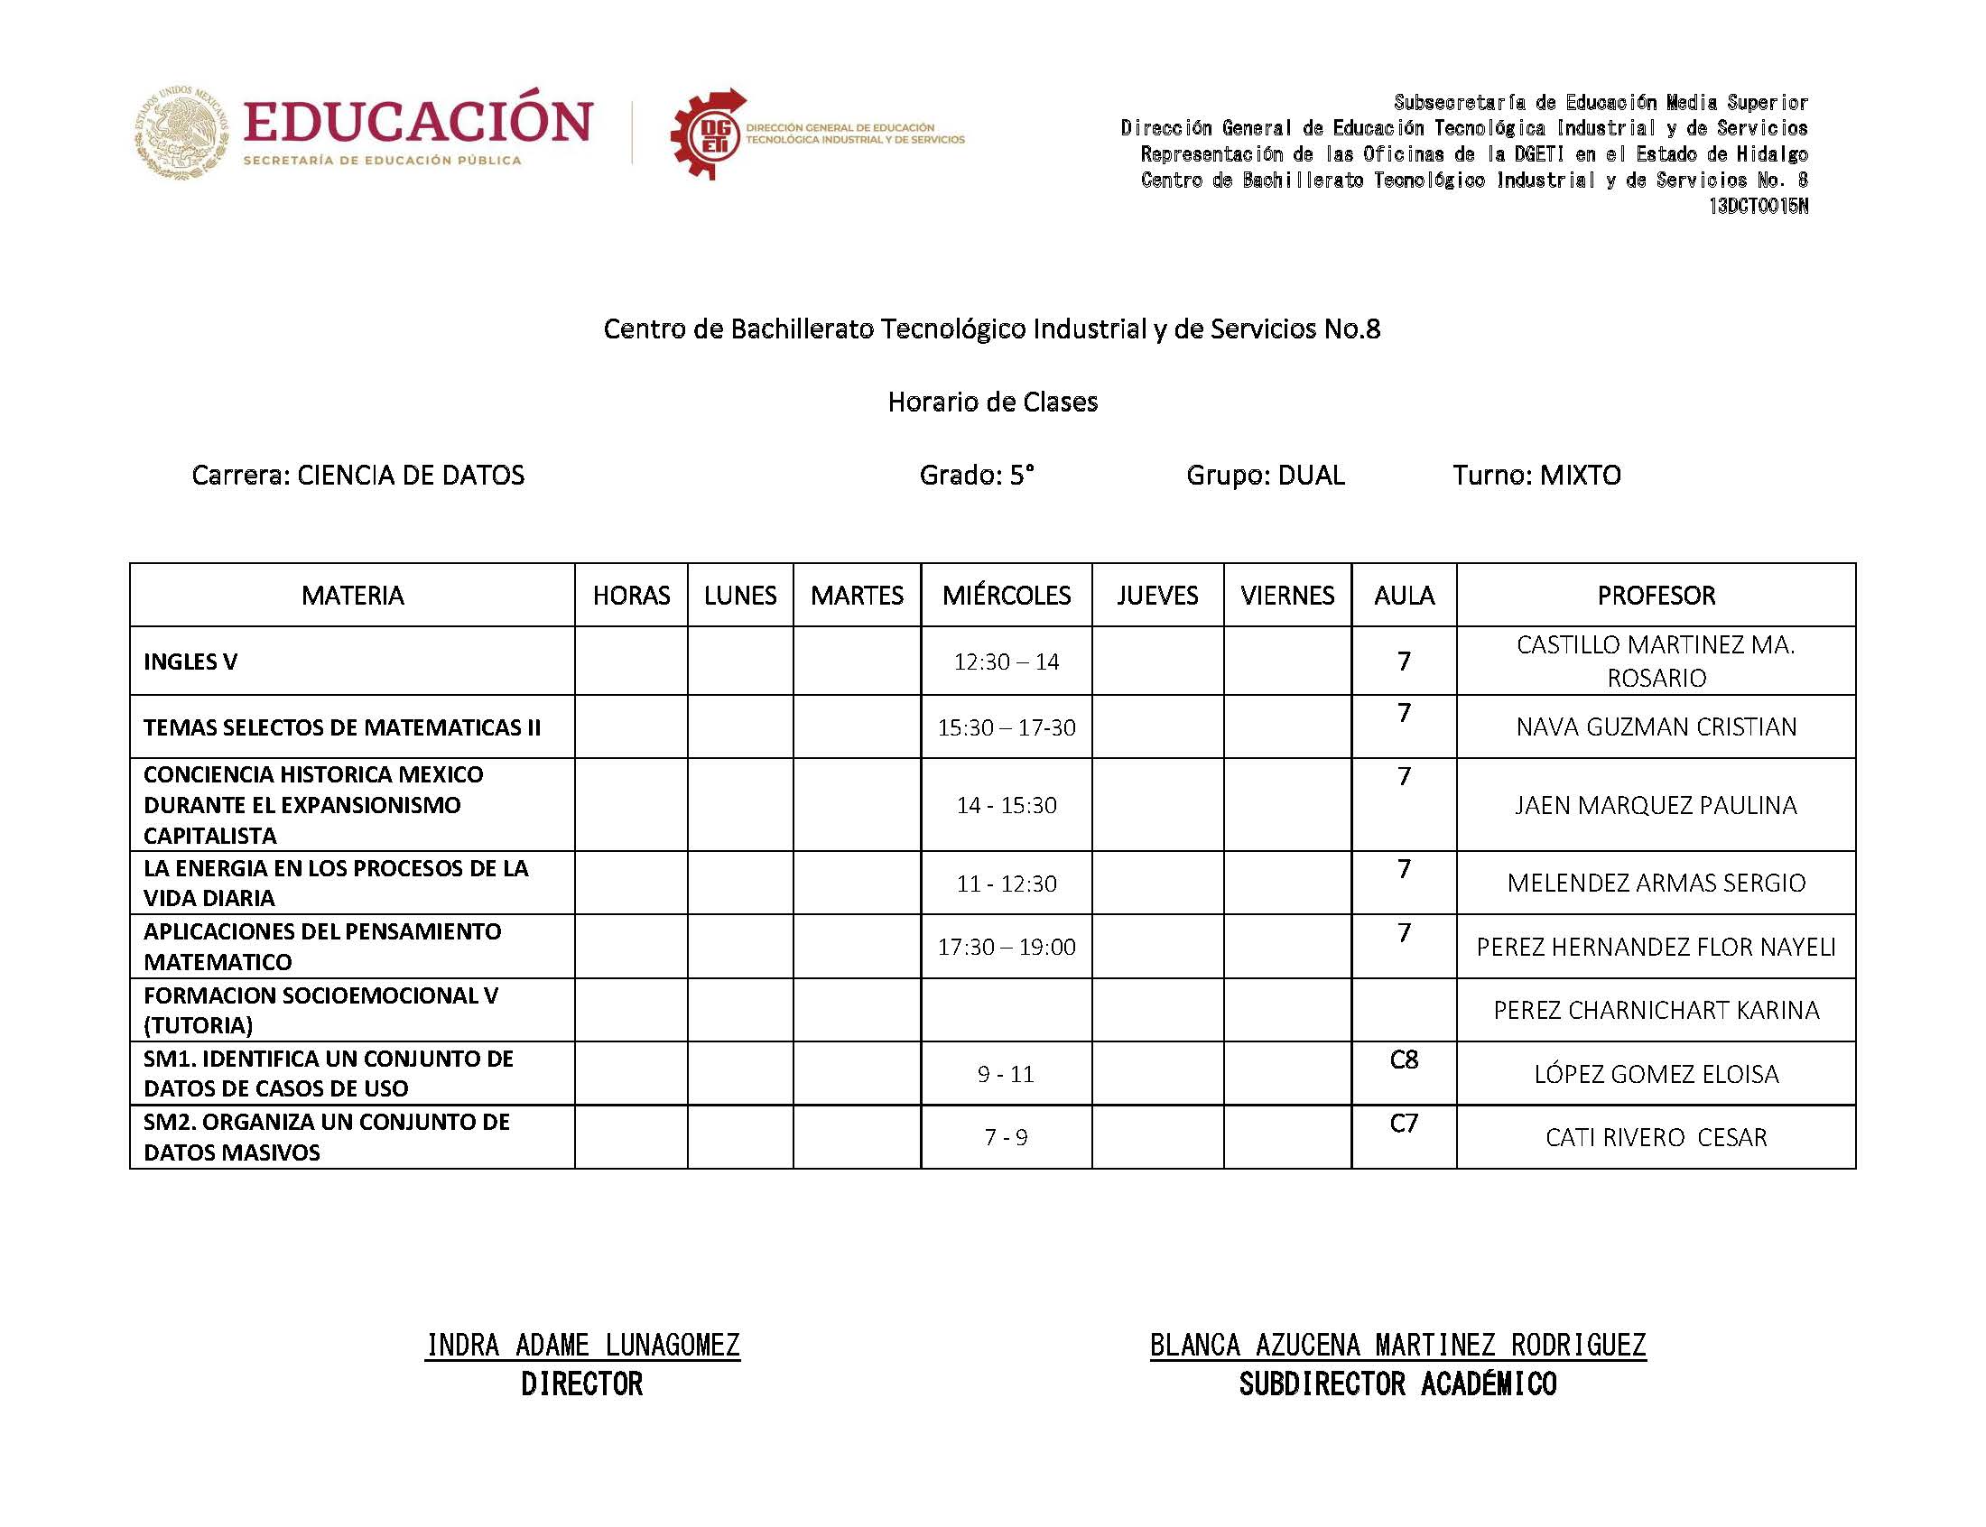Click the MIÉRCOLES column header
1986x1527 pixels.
click(x=1006, y=596)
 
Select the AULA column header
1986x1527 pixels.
click(x=1404, y=596)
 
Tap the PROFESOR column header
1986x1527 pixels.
click(x=1656, y=596)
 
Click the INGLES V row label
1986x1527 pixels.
click(x=190, y=662)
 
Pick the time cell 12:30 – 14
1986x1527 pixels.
click(x=1006, y=662)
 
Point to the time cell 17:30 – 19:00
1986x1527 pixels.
click(x=1006, y=947)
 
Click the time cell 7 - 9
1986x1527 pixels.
click(x=1006, y=1137)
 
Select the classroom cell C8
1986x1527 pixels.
click(x=1404, y=1060)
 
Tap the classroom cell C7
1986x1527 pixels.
click(x=1404, y=1124)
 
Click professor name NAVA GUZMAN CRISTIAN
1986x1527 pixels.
click(x=1656, y=727)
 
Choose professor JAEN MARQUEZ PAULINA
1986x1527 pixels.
click(x=1656, y=805)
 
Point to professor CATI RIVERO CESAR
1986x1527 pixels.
click(x=1656, y=1137)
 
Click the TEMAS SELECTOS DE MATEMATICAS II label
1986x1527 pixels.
click(x=342, y=727)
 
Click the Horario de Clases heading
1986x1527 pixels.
click(x=992, y=402)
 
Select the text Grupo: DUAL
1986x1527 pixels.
click(x=1265, y=475)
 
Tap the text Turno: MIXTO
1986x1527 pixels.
click(x=1536, y=475)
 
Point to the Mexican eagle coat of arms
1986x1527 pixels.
click(x=181, y=133)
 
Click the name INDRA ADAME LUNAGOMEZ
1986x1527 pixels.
click(x=582, y=1345)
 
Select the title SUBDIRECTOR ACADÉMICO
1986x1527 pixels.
click(x=1397, y=1384)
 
